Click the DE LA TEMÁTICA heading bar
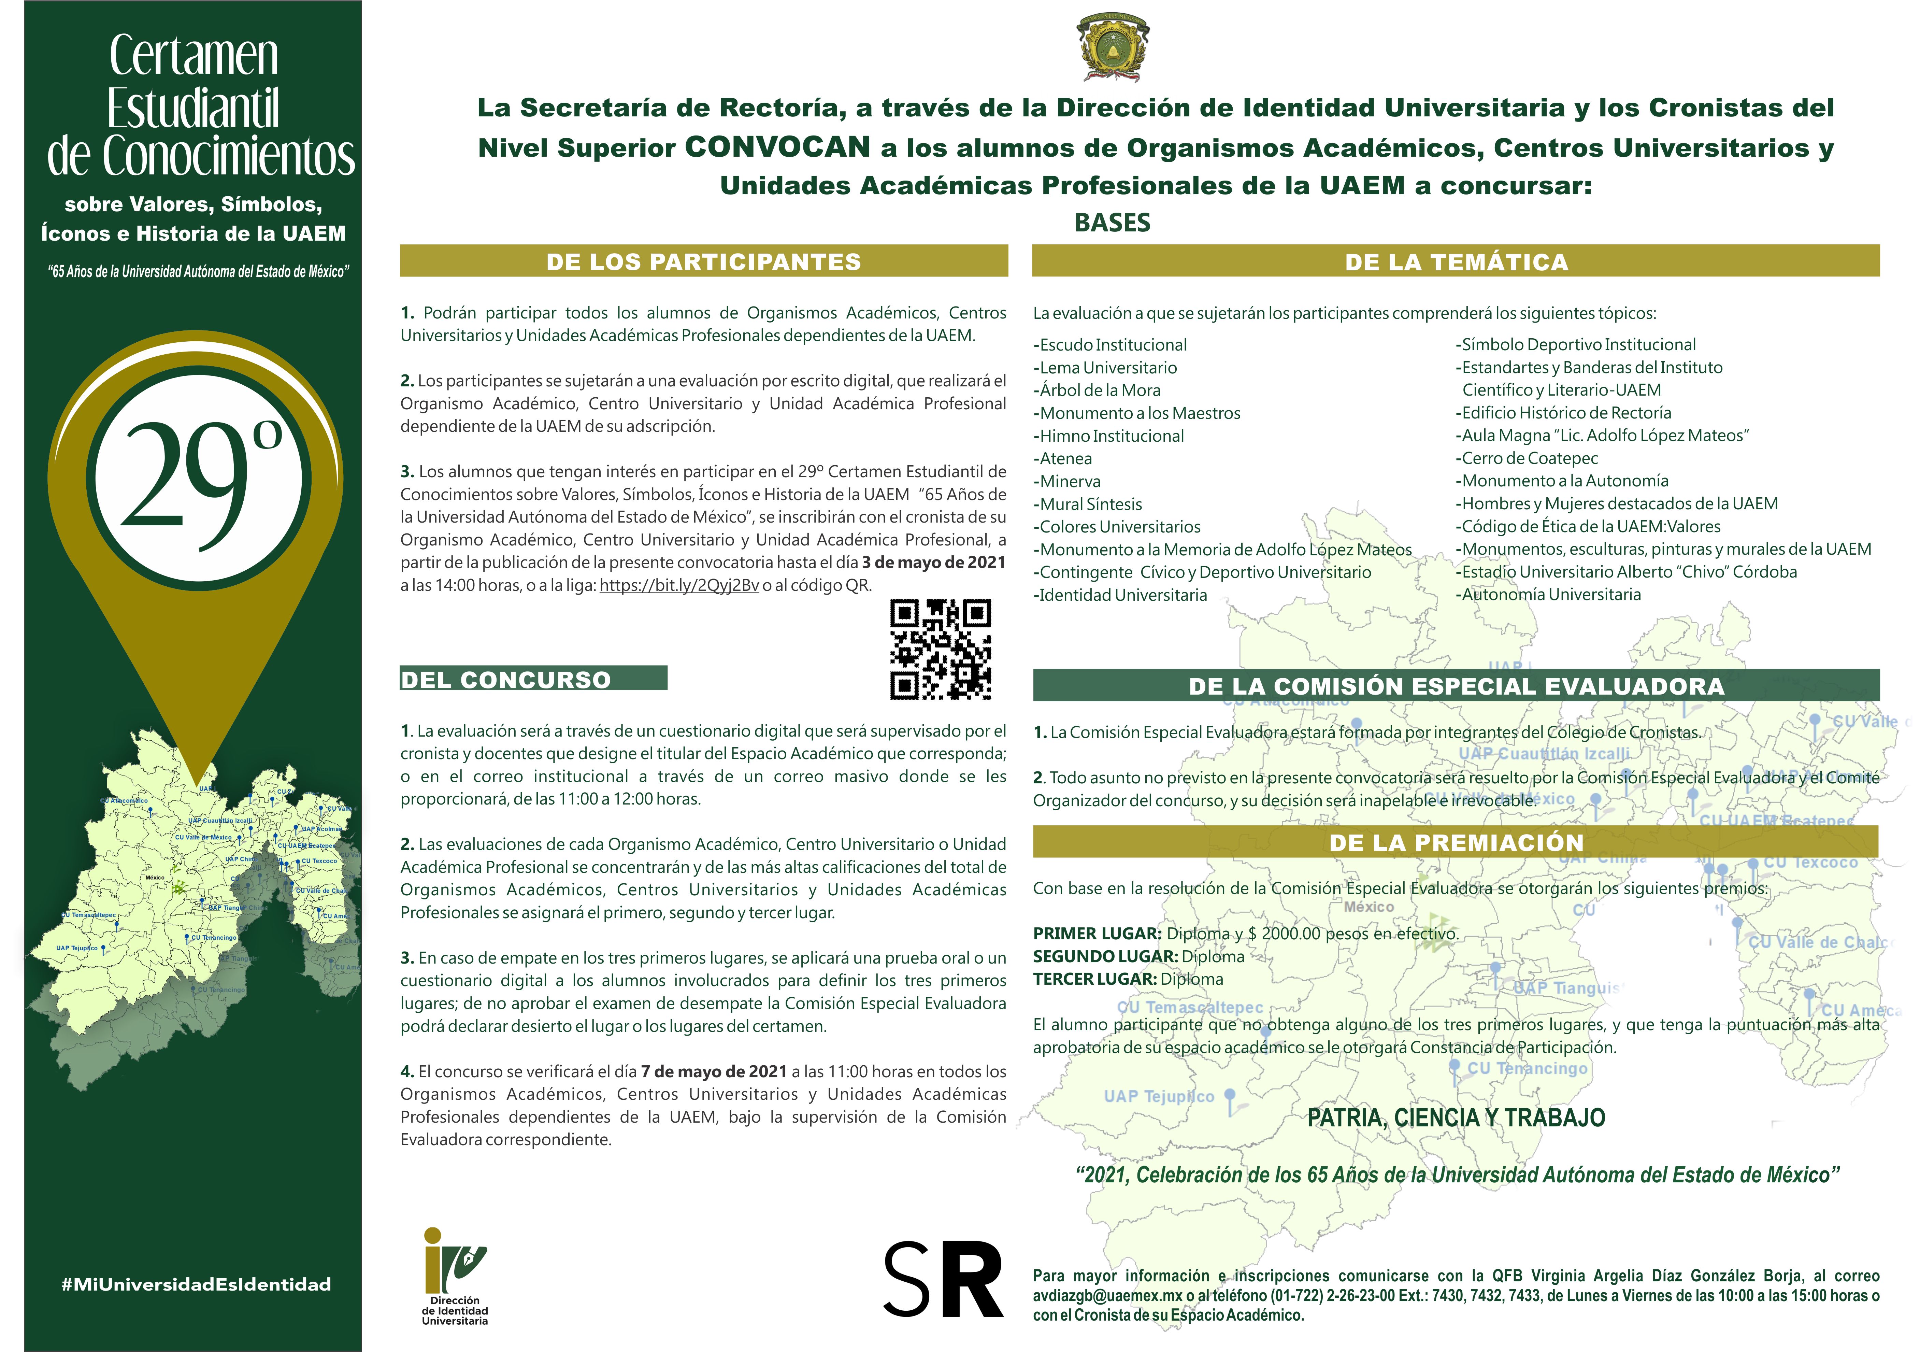click(1456, 262)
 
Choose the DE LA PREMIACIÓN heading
click(1456, 842)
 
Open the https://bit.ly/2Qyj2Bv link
click(679, 585)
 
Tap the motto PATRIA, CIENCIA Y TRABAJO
click(1456, 1118)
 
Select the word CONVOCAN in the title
click(778, 147)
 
